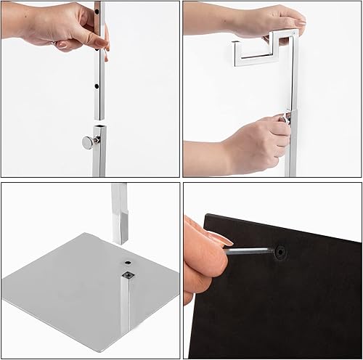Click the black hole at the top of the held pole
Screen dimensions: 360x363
[100, 12]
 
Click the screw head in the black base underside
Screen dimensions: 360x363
[279, 252]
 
